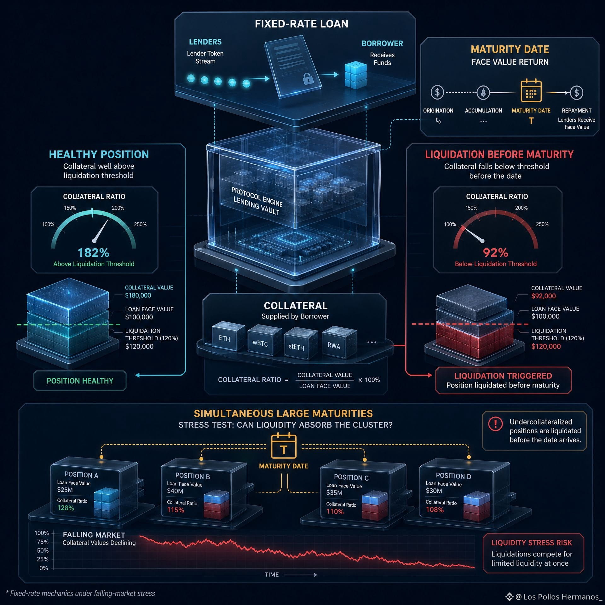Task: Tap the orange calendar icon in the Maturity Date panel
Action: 531,90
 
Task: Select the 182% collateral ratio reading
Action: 93,253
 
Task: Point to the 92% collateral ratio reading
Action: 495,253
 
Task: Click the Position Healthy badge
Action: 80,381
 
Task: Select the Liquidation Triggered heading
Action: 503,376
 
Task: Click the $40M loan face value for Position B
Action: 175,491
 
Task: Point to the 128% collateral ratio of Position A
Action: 66,508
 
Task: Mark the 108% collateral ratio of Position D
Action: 435,510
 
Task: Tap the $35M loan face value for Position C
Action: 334,493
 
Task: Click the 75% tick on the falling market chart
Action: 43,542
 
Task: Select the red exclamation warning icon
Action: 495,423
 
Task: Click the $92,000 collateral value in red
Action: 543,296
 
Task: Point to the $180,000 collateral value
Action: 138,295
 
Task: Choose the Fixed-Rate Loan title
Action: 302,24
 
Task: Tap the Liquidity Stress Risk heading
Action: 532,543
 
